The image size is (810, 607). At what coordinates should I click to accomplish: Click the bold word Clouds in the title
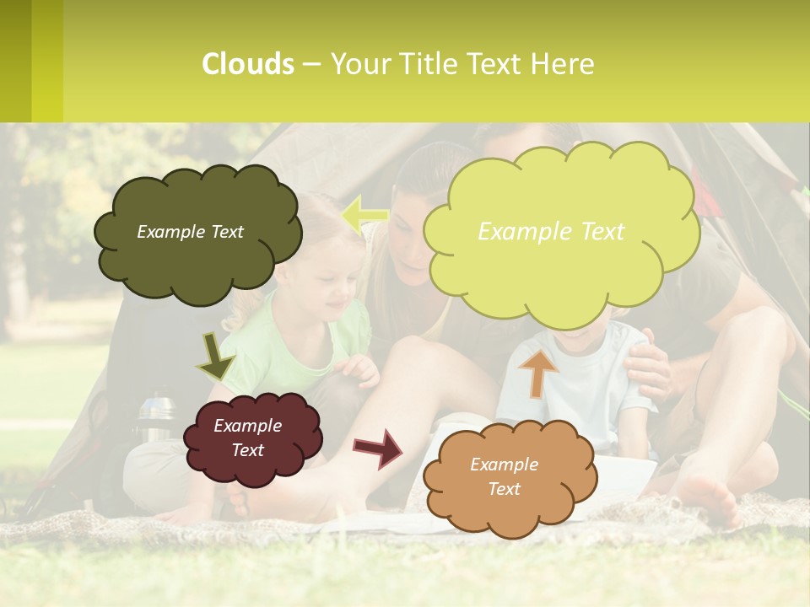click(x=248, y=64)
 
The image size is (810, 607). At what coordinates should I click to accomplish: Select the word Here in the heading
click(x=566, y=64)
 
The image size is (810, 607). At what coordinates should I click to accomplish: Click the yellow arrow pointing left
click(x=364, y=215)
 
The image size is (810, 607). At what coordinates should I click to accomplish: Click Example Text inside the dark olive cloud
click(x=190, y=232)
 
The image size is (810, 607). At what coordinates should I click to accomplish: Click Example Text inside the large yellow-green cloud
click(x=551, y=232)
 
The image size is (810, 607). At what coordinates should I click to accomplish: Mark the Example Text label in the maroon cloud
click(x=247, y=438)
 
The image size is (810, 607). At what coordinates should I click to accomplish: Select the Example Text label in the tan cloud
click(x=504, y=476)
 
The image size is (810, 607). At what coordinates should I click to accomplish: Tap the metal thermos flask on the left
click(x=154, y=417)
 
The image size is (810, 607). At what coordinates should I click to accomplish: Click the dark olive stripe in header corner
click(x=15, y=61)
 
